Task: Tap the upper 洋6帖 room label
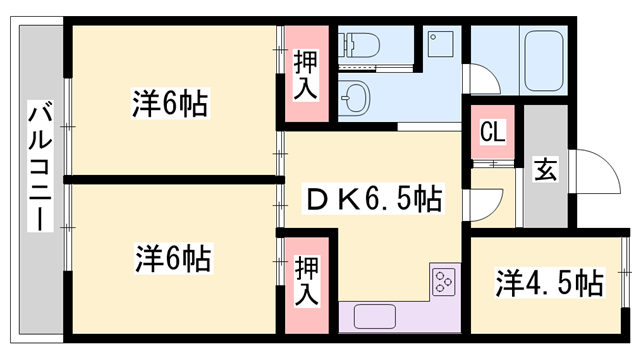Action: click(171, 103)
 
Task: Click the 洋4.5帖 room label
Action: click(550, 283)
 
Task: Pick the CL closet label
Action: click(491, 131)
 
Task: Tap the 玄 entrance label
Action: click(545, 170)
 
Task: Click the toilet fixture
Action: click(360, 45)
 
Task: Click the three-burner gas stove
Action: click(443, 281)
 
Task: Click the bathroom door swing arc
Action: click(482, 79)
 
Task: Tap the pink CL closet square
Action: click(491, 131)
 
